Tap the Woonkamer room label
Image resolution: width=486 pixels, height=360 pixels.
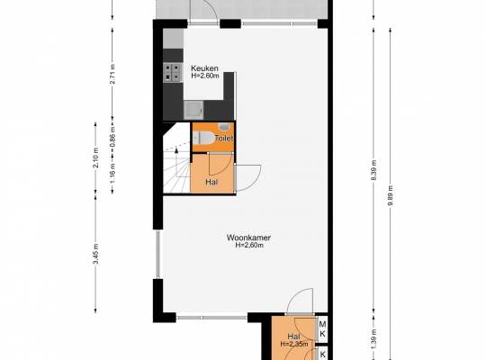(x=248, y=238)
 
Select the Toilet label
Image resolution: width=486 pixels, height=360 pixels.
(x=224, y=139)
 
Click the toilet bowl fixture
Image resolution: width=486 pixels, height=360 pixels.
(x=203, y=138)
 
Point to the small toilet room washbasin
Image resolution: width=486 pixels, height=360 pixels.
(x=224, y=126)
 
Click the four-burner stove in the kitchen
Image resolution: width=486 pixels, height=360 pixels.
(x=173, y=72)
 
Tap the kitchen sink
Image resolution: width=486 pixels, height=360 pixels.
(x=193, y=110)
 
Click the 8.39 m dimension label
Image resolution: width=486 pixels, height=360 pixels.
(x=373, y=170)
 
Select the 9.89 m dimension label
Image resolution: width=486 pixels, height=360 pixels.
(x=391, y=195)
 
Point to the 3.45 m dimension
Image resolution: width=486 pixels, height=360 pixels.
(x=96, y=254)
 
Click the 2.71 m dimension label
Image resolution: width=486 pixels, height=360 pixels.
(x=112, y=74)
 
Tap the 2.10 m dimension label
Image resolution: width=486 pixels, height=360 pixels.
(x=96, y=157)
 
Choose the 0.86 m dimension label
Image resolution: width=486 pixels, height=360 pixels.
(x=112, y=137)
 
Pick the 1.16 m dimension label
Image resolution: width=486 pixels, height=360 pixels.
(x=112, y=173)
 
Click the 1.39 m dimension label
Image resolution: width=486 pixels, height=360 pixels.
(x=373, y=339)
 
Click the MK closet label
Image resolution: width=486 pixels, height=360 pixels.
(x=322, y=329)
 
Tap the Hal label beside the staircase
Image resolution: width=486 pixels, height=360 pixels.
(x=211, y=182)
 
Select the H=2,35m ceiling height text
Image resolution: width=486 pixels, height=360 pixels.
(x=294, y=344)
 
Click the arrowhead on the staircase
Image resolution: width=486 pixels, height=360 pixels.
(x=176, y=150)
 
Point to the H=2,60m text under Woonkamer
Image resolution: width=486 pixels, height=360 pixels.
(x=249, y=245)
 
